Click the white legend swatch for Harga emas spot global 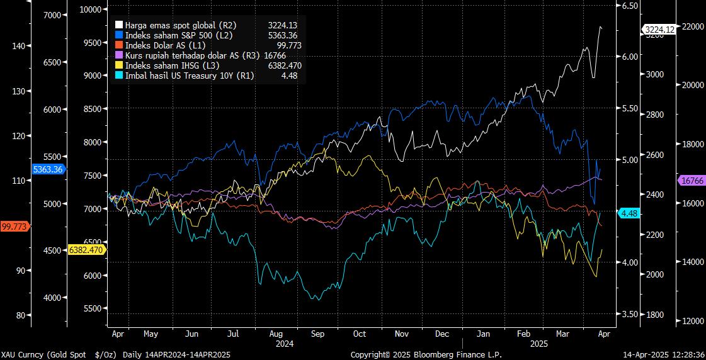coord(119,25)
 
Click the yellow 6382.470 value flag coord(88,250)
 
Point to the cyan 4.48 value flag coord(630,214)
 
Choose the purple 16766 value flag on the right coord(692,181)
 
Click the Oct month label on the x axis coord(360,334)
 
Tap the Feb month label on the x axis coord(523,334)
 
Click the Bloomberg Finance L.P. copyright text coord(426,355)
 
